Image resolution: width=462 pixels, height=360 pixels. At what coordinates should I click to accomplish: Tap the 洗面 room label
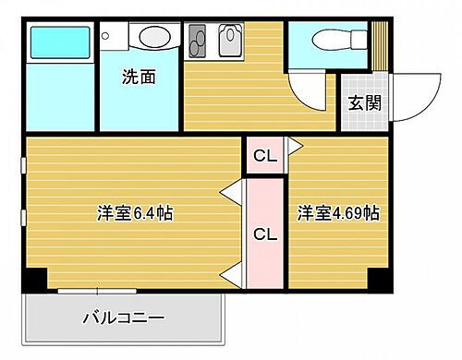click(x=139, y=78)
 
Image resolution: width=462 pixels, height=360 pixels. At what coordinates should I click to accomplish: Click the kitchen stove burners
click(x=199, y=42)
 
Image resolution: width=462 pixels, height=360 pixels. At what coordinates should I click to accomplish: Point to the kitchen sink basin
click(x=229, y=42)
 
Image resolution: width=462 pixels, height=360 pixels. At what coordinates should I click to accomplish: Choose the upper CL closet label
click(x=264, y=156)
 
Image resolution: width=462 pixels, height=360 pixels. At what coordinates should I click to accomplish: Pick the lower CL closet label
click(x=264, y=234)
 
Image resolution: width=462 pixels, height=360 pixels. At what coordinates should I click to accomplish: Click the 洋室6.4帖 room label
click(x=135, y=213)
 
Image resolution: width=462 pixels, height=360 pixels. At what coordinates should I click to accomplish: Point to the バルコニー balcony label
click(x=123, y=318)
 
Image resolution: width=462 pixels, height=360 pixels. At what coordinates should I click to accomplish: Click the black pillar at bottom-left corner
click(x=35, y=278)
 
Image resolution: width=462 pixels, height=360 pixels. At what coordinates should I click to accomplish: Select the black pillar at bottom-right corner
click(x=377, y=278)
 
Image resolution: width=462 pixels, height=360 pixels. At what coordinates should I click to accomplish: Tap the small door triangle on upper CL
click(x=294, y=145)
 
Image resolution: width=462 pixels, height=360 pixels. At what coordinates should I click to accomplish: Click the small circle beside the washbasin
click(x=105, y=37)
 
